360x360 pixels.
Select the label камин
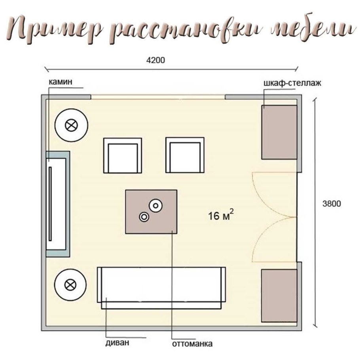[60, 82]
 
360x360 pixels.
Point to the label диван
[117, 343]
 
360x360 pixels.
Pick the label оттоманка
[193, 343]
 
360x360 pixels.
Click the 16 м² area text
[220, 216]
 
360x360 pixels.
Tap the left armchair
[122, 155]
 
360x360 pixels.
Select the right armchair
[185, 155]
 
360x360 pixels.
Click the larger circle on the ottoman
[155, 205]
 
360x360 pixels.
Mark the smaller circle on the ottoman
[143, 216]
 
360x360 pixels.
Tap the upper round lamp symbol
[71, 126]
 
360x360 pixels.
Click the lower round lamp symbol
[71, 284]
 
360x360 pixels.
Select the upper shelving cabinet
[279, 132]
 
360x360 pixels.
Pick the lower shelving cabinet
[279, 296]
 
